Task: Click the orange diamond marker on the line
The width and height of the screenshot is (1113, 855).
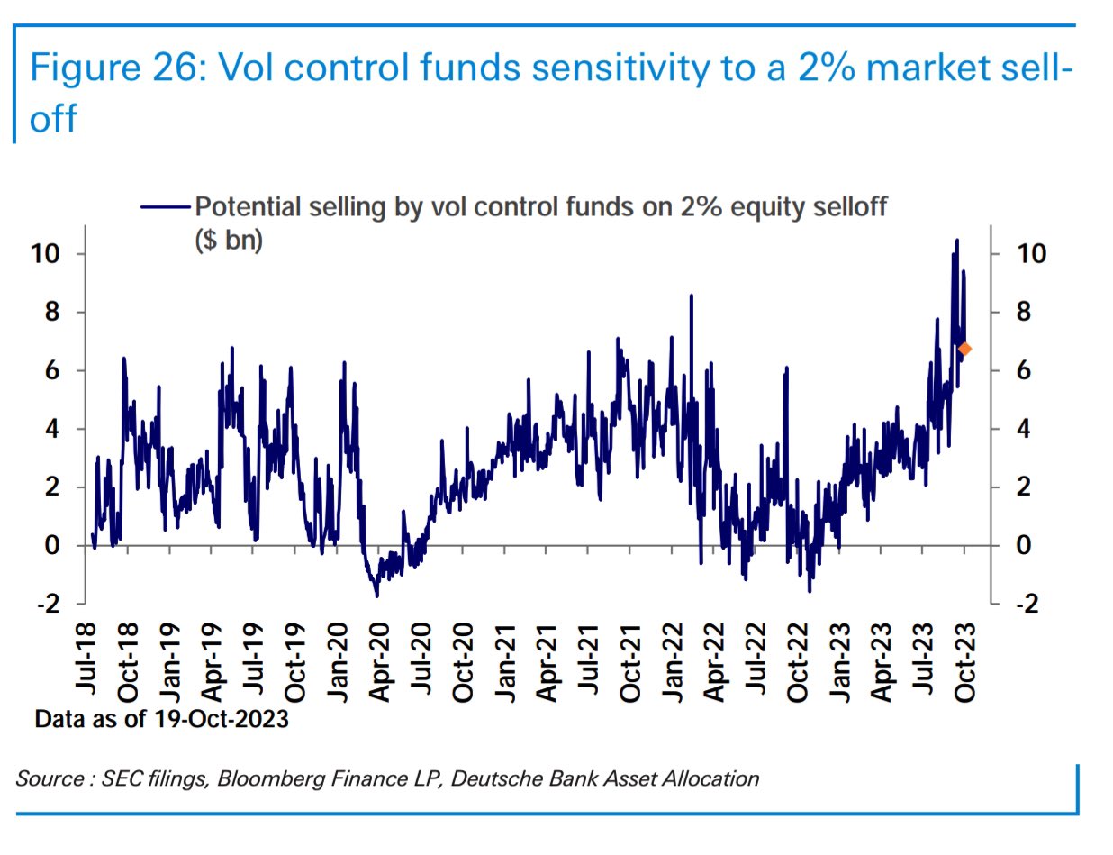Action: click(x=964, y=349)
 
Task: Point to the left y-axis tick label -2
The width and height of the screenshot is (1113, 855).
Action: click(x=47, y=604)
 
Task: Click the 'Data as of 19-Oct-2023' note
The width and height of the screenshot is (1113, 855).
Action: click(x=161, y=721)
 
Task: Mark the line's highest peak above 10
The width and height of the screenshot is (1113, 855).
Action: click(x=956, y=241)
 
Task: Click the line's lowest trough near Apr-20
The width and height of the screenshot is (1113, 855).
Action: click(x=376, y=596)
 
